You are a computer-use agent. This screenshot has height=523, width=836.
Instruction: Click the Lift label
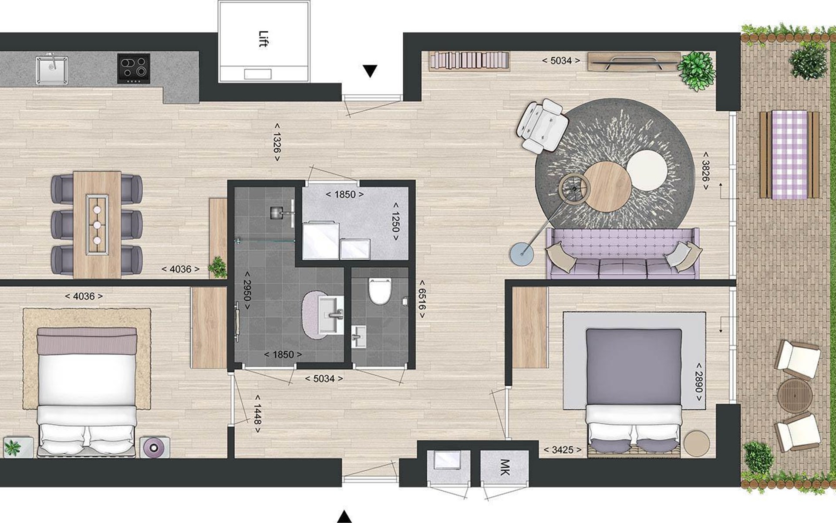tap(263, 39)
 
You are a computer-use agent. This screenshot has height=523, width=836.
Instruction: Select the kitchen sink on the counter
tap(52, 68)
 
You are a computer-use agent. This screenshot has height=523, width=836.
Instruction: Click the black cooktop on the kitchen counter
tap(134, 68)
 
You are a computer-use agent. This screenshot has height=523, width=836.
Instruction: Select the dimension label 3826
tap(705, 171)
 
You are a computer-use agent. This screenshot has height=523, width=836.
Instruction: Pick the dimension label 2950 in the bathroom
tap(247, 291)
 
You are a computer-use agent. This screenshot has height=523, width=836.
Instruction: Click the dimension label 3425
tap(563, 450)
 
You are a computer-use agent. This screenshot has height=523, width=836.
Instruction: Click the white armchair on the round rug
tap(542, 126)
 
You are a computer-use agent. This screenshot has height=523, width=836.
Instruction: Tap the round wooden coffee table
tap(607, 187)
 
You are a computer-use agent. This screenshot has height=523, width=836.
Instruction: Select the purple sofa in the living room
tap(623, 254)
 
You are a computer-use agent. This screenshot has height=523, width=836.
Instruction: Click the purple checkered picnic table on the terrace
tap(789, 155)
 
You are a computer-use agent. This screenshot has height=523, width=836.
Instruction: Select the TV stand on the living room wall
tap(634, 61)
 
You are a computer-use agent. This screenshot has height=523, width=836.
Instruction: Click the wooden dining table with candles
tap(97, 224)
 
